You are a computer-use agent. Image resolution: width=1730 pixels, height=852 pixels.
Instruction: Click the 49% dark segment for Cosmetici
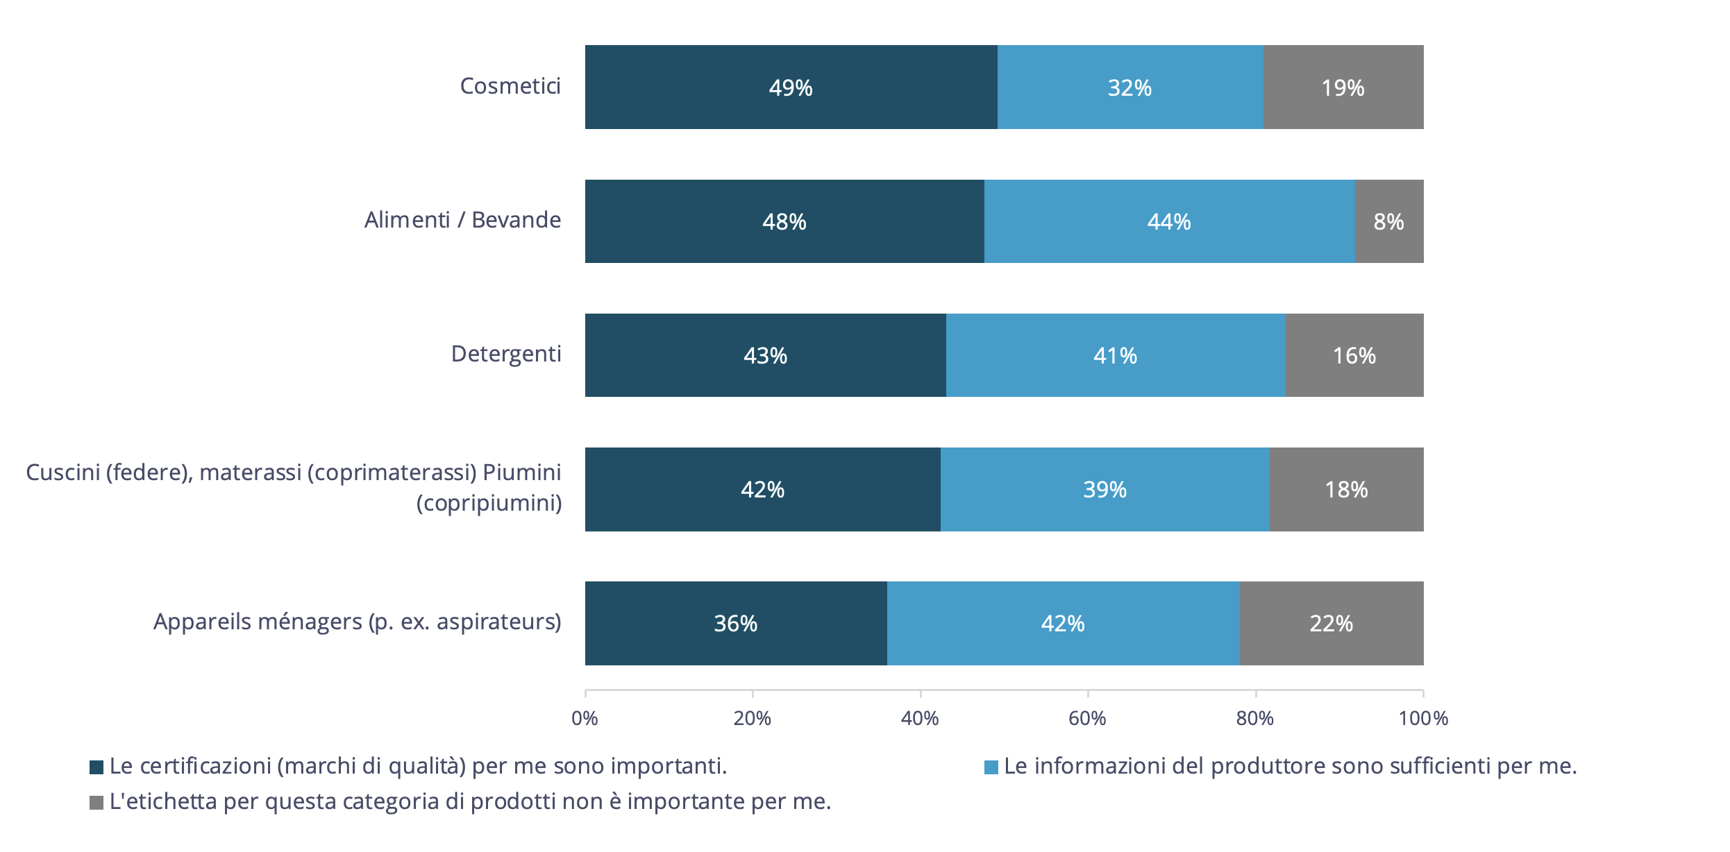click(791, 87)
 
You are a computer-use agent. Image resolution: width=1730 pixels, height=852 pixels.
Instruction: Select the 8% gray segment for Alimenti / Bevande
click(1388, 221)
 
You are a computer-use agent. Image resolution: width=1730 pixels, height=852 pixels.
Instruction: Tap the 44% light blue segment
click(1169, 221)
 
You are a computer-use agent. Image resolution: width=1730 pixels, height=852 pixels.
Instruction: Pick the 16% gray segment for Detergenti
click(1354, 355)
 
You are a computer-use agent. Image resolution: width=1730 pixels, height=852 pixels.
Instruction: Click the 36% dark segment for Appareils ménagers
click(736, 623)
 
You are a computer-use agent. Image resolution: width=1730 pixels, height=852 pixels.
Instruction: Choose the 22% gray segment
click(1331, 623)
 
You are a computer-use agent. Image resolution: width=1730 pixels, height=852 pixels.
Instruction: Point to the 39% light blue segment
click(1105, 489)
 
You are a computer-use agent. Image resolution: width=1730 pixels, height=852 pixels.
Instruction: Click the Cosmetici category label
click(510, 86)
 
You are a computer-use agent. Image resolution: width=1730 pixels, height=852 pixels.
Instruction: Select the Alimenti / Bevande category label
click(462, 220)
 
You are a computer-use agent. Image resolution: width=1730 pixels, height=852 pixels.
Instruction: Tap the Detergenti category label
click(506, 354)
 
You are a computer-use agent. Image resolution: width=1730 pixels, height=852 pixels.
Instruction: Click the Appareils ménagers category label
click(357, 622)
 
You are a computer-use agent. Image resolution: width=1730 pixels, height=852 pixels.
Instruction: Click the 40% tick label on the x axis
click(920, 718)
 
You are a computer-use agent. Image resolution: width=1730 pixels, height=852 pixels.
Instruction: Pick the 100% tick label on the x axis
click(1423, 718)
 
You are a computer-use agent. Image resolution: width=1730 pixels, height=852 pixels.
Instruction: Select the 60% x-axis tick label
click(1087, 718)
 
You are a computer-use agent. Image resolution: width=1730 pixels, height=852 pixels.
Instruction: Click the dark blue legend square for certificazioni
click(96, 767)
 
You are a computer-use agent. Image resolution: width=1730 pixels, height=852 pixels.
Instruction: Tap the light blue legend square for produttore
click(991, 767)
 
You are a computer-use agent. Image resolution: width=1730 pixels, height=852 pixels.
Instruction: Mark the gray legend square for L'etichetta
click(96, 802)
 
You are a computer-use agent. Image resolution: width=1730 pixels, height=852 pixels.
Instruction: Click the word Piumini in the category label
click(522, 472)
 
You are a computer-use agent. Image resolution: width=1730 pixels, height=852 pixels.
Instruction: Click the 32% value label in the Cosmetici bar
click(1129, 87)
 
